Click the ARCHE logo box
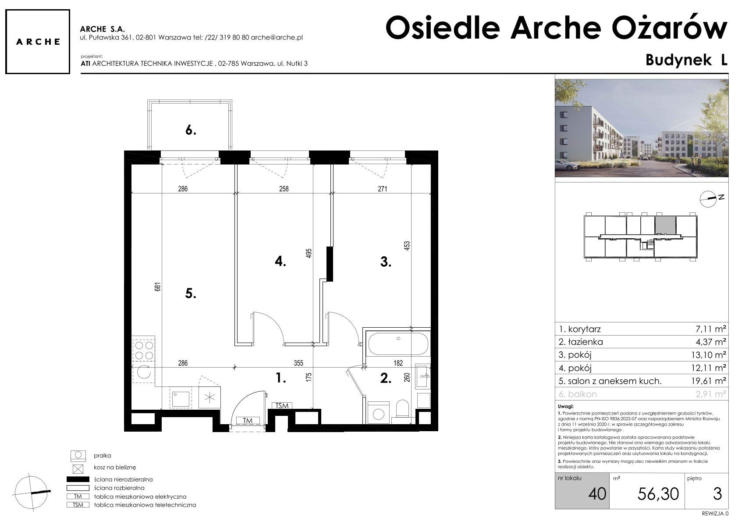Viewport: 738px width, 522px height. [x=38, y=42]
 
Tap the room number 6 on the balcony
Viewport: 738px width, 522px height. [x=191, y=130]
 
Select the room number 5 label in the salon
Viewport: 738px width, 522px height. [x=191, y=293]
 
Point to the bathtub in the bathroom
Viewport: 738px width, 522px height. [x=398, y=343]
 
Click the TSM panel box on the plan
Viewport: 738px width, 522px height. [x=282, y=406]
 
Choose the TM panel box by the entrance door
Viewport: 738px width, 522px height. [x=248, y=420]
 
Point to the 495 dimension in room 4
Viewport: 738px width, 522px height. [x=309, y=253]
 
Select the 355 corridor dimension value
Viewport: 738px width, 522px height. [x=298, y=363]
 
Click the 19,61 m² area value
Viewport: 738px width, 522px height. [x=709, y=381]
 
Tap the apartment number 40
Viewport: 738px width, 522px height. [x=597, y=494]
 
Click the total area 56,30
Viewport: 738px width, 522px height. [x=658, y=494]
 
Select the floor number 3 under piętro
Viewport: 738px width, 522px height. [x=717, y=494]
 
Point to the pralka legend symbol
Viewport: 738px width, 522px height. [x=78, y=455]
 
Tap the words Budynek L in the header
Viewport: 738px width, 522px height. [x=686, y=60]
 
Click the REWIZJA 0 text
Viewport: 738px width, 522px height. [x=715, y=513]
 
